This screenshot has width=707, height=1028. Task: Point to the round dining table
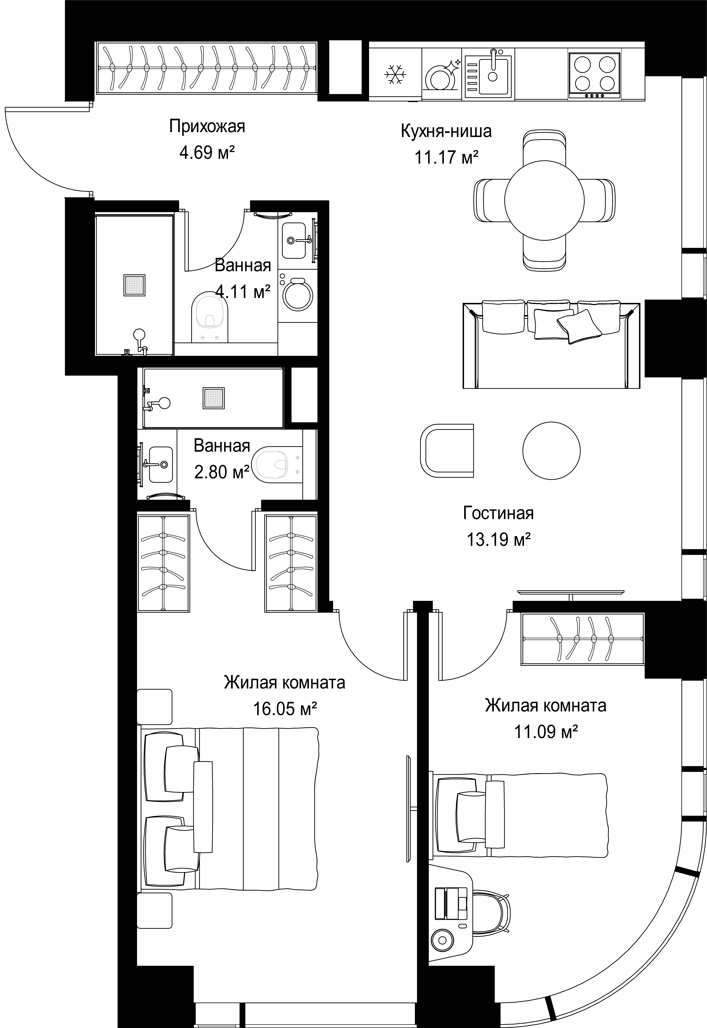click(x=544, y=200)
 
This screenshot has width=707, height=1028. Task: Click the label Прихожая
click(x=207, y=127)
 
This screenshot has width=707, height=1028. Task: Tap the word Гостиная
click(x=498, y=513)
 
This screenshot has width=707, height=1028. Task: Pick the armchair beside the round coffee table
click(x=446, y=451)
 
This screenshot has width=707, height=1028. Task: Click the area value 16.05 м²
click(x=285, y=709)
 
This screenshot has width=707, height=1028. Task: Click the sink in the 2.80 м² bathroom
click(x=160, y=464)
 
